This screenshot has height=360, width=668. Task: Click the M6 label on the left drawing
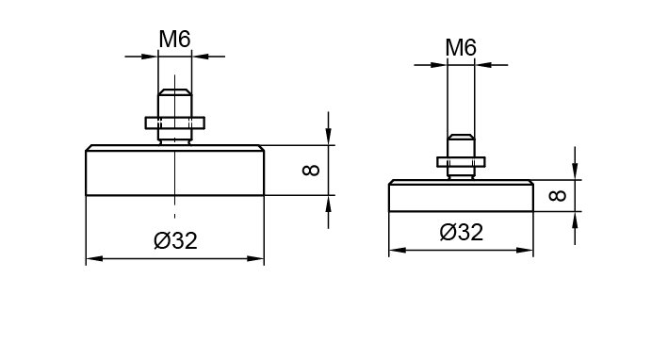(x=174, y=40)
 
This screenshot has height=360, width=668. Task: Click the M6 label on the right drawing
(x=461, y=47)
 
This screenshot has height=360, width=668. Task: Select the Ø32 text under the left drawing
(x=175, y=240)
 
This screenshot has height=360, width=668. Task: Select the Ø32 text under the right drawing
(x=462, y=232)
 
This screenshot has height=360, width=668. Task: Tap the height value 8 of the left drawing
(x=311, y=171)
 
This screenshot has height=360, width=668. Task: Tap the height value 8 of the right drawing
(x=557, y=196)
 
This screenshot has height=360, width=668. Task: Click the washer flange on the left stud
(x=175, y=123)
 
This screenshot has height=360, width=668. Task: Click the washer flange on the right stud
(x=461, y=162)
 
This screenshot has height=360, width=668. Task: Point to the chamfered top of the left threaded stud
(x=174, y=92)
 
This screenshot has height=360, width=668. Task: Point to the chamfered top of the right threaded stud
(x=461, y=137)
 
